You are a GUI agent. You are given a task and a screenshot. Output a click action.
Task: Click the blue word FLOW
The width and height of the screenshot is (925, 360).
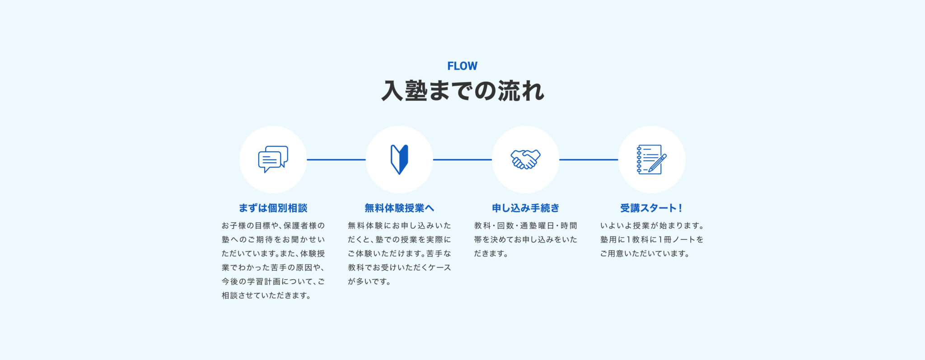[462, 66]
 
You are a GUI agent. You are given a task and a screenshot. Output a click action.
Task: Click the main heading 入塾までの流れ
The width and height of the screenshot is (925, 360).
[462, 91]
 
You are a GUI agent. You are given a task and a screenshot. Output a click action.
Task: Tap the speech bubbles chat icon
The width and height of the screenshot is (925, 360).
[273, 159]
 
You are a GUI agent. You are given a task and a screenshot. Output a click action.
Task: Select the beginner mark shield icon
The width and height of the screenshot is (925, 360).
[399, 159]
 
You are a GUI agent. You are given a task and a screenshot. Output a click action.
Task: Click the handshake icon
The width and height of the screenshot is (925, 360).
[525, 159]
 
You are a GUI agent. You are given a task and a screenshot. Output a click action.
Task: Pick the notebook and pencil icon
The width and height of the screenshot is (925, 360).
[652, 159]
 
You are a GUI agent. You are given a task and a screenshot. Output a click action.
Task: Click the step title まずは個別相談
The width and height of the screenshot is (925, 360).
[273, 208]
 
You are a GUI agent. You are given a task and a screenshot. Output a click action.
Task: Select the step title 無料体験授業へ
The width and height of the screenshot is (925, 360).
[399, 208]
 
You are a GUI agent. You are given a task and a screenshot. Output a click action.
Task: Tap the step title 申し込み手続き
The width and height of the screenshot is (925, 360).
[525, 208]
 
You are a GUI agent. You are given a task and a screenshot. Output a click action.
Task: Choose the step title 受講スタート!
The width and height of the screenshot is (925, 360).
[651, 208]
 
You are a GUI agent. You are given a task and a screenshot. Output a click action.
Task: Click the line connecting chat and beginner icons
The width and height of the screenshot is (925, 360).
[336, 159]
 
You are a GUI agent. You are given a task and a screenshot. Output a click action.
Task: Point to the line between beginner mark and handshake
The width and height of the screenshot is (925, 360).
[462, 159]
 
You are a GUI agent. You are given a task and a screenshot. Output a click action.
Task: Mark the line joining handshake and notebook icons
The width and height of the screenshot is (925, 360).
[589, 159]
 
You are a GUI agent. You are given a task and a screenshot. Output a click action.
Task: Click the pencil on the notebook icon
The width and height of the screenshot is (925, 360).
[658, 163]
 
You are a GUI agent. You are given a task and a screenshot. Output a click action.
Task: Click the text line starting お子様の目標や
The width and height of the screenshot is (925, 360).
[273, 225]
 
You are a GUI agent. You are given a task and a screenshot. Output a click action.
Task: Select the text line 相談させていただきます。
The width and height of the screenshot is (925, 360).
[266, 295]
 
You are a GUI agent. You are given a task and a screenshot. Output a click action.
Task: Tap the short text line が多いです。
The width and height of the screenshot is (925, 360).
[369, 281]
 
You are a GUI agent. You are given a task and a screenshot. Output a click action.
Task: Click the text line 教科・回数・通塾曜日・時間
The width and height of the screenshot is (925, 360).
[525, 225]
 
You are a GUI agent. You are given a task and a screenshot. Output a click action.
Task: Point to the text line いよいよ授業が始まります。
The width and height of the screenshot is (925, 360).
[652, 225]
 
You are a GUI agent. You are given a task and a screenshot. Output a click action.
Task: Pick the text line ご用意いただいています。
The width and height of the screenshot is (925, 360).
[645, 253]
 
